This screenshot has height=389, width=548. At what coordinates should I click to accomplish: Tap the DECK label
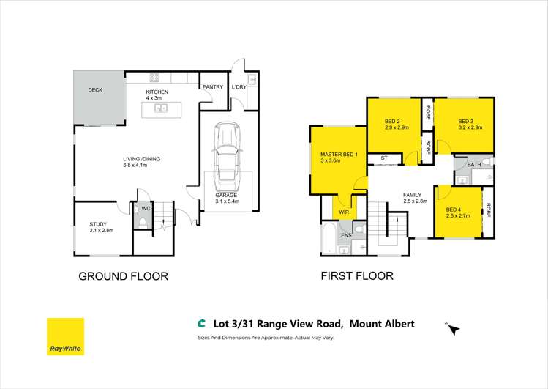95,90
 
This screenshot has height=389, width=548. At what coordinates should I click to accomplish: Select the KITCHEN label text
157,92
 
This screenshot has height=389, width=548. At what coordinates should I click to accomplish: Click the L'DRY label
239,87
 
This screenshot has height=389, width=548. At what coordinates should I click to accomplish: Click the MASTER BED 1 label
338,154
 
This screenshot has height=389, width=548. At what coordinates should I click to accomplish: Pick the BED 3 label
467,121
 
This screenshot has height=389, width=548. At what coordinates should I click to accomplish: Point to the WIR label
344,212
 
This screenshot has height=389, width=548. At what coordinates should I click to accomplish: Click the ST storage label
383,158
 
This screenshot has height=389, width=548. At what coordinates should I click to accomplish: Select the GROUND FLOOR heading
123,276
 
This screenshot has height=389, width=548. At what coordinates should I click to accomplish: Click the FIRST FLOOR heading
357,276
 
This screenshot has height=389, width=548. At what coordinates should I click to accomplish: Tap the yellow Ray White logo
65,336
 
